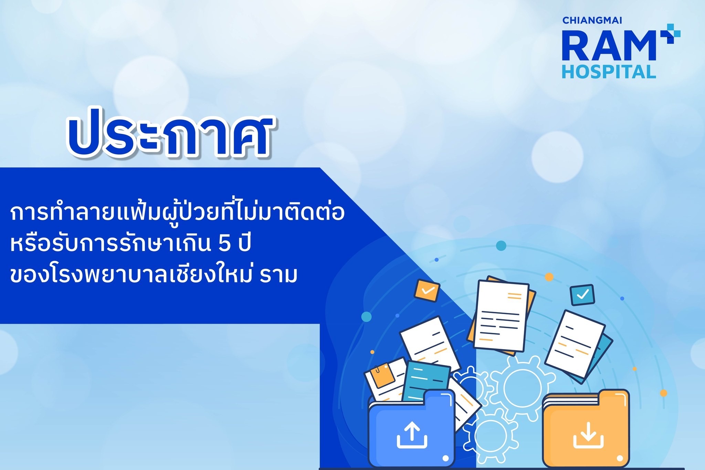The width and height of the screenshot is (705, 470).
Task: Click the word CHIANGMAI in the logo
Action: (x=592, y=20)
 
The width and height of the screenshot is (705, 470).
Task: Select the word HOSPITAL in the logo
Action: (x=609, y=72)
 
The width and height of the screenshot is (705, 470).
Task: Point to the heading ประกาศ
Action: (x=169, y=135)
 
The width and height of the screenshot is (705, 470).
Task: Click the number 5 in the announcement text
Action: (x=224, y=243)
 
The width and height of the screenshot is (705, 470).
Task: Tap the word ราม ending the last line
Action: (x=278, y=275)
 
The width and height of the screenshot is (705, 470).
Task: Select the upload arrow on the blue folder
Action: (x=412, y=435)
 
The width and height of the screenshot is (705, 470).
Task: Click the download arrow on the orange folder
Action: (x=588, y=435)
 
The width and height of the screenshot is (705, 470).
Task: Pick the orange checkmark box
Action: (x=427, y=291)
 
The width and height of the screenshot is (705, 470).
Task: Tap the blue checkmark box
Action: (x=582, y=295)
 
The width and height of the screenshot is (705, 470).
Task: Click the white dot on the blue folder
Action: (x=445, y=458)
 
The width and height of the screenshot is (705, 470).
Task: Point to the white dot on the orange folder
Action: (x=620, y=459)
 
